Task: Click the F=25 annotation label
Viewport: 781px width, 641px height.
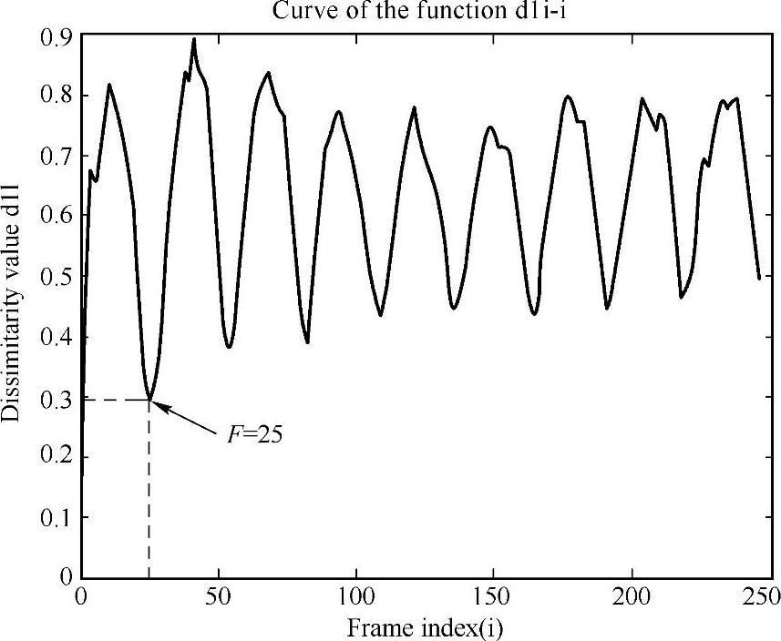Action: [x=254, y=434]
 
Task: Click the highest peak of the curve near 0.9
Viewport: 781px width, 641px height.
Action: [x=194, y=40]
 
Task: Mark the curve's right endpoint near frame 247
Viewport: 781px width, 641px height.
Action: [x=759, y=278]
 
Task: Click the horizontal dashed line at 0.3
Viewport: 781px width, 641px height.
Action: [x=114, y=399]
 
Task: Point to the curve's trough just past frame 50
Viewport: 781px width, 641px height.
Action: [x=229, y=347]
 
